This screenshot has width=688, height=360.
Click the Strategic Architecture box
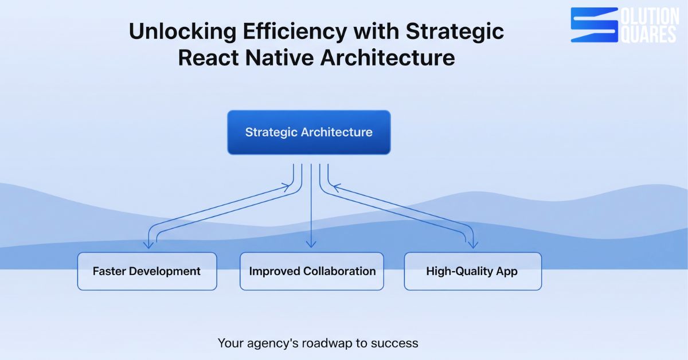309,132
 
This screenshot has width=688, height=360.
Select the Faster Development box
147,271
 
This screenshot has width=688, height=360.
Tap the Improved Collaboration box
312,271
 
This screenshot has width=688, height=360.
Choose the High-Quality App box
472,271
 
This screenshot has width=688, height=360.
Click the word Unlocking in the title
183,32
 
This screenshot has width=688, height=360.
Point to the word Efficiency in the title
295,32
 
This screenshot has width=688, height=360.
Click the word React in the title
208,58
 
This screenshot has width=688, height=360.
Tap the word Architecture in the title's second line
388,58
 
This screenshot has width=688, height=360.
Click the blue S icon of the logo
595,25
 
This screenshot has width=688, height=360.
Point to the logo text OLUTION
650,16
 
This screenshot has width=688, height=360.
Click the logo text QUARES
648,34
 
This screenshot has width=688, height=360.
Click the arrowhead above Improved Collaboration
311,244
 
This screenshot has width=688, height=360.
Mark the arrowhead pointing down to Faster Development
148,245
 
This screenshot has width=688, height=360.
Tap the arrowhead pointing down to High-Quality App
473,245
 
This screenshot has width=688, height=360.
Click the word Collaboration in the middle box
339,271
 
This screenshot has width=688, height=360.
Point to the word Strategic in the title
455,32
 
